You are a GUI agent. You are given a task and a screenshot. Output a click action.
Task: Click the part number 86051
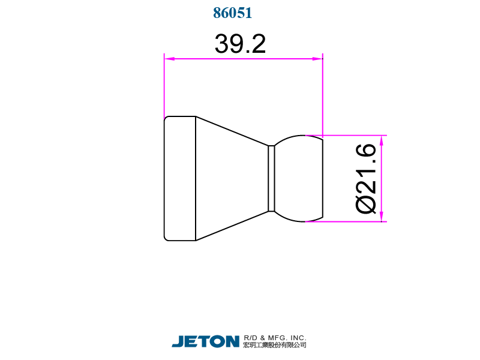tap(232, 13)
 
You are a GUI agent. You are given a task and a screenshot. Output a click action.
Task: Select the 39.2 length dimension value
tap(240, 44)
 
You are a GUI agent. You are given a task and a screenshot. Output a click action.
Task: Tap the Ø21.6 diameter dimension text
tap(367, 178)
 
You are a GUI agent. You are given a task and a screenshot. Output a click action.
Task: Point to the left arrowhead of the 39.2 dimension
tap(169, 59)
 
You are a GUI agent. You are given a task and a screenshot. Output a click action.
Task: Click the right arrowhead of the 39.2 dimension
tap(318, 59)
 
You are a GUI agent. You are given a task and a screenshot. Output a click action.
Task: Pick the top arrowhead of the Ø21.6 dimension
tap(382, 140)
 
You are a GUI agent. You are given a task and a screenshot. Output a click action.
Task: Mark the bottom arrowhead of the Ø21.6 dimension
tap(382, 217)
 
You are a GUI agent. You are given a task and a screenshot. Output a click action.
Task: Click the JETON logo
tap(206, 341)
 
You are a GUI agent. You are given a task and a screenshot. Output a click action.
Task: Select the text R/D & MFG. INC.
tap(275, 338)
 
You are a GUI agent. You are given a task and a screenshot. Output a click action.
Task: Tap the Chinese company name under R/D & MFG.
tap(275, 345)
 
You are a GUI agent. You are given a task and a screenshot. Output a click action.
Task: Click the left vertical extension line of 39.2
tap(164, 84)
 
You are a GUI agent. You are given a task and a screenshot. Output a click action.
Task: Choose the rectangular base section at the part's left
tap(180, 178)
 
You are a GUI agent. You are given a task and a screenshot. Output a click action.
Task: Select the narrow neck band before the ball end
tap(271, 178)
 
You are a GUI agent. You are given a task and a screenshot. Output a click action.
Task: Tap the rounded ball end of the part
tap(300, 178)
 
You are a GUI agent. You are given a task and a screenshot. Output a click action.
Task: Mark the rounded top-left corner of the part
tap(166, 118)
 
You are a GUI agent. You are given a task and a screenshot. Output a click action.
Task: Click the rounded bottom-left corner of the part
tap(166, 238)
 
